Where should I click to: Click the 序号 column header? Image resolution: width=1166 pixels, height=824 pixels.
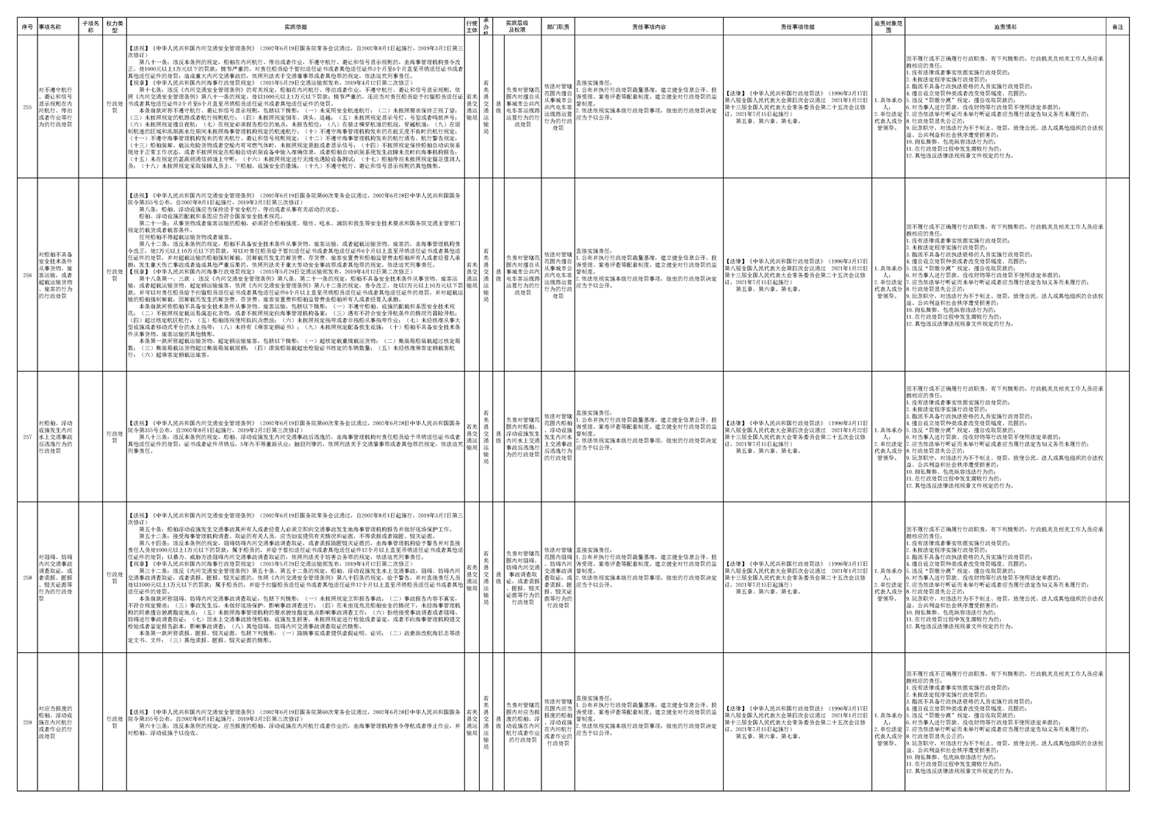tap(27, 27)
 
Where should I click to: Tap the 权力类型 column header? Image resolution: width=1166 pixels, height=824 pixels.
tap(114, 27)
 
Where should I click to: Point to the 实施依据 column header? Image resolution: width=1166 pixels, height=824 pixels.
tap(295, 27)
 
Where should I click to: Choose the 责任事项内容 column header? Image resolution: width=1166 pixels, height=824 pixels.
tap(649, 27)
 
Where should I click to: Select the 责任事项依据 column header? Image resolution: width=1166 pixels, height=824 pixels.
tap(797, 27)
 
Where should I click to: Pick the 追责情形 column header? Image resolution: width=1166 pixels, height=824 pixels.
tap(1005, 27)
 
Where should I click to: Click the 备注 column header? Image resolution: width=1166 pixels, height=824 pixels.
tap(1117, 27)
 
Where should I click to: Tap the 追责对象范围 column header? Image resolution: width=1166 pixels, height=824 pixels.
tap(888, 27)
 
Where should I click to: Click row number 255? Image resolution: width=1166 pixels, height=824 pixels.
tap(27, 107)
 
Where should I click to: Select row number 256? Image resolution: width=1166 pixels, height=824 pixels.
tap(27, 275)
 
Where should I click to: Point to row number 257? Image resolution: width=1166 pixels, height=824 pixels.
tap(27, 437)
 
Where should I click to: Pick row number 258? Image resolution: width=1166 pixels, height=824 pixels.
tap(27, 577)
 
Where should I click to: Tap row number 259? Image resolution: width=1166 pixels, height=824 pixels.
tap(27, 720)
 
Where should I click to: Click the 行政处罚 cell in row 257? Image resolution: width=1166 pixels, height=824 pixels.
tap(114, 437)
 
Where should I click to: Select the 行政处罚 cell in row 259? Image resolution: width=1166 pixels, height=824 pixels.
tap(114, 720)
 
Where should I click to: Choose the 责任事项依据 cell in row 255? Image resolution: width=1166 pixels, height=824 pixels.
tap(797, 107)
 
